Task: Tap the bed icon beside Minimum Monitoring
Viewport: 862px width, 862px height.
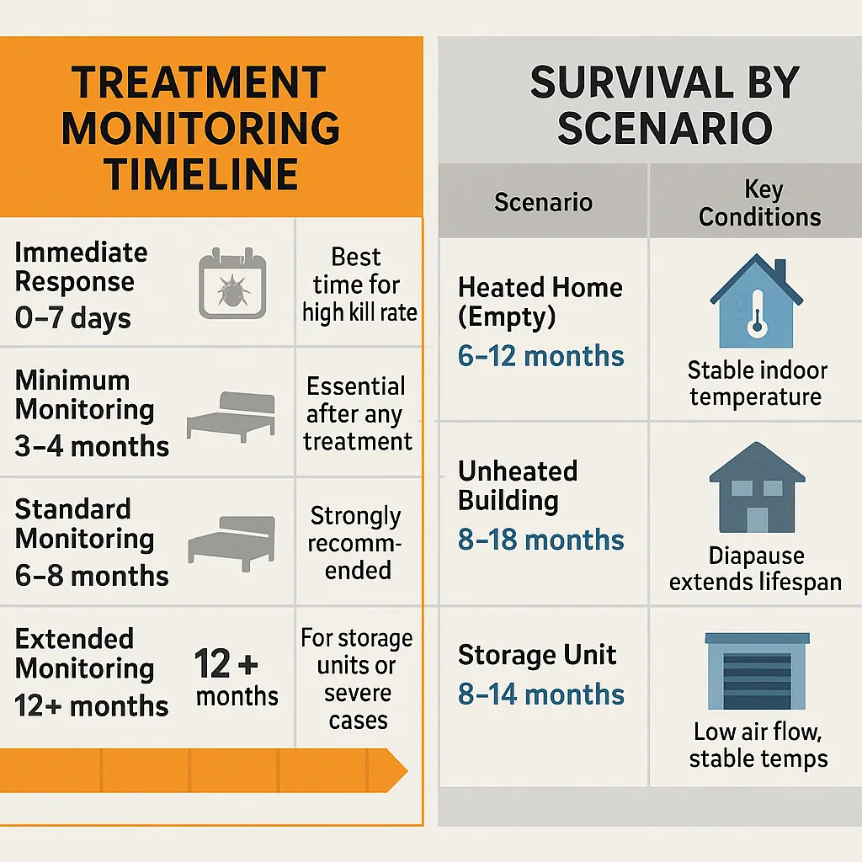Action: (230, 415)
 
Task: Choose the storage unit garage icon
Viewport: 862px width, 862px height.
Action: (756, 671)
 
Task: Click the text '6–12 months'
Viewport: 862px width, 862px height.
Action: (540, 356)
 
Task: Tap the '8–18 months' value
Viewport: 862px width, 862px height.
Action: (540, 540)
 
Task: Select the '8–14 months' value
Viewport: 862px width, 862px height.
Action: (540, 694)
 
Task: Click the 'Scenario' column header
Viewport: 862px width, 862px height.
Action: (543, 202)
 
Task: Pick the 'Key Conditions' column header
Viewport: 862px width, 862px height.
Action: (759, 203)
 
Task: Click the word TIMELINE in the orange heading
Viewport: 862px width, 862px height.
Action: (201, 174)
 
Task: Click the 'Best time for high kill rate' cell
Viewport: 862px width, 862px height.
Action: (359, 285)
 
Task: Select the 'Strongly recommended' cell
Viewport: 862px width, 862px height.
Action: (355, 542)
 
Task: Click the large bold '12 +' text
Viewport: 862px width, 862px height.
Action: (226, 664)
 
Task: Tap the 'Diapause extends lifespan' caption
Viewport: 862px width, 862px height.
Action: (755, 568)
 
